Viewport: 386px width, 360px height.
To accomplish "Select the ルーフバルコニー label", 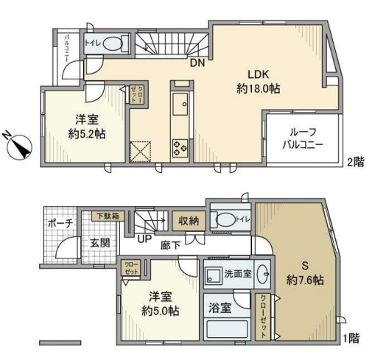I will pyautogui.click(x=302, y=138).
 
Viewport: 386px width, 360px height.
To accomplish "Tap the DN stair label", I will pyautogui.click(x=197, y=63).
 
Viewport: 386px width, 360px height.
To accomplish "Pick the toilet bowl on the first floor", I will pyautogui.click(x=228, y=218).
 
